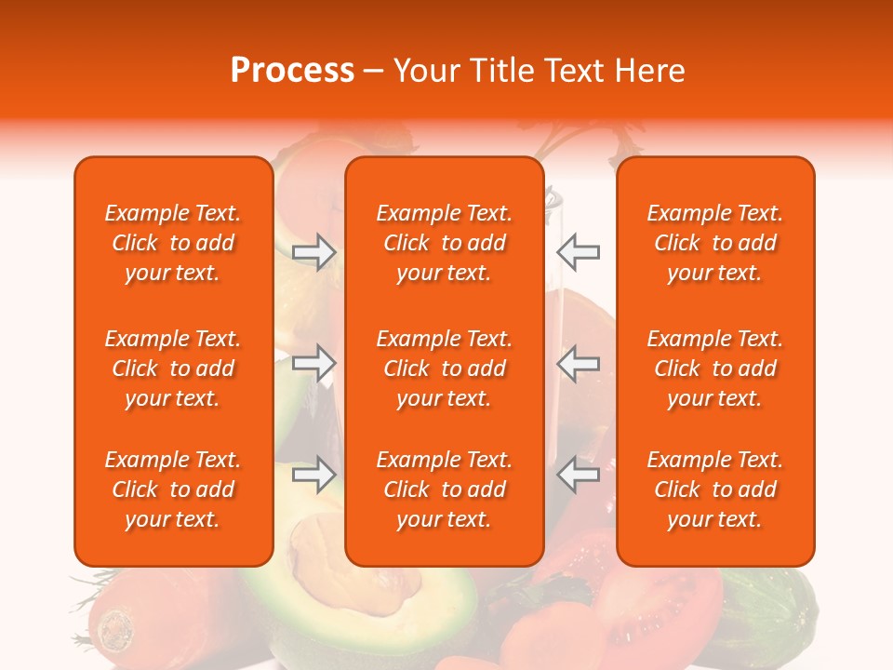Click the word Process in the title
(x=292, y=71)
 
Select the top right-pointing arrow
(x=314, y=251)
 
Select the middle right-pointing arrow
(x=314, y=363)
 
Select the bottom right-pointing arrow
(x=314, y=475)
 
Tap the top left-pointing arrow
(x=579, y=251)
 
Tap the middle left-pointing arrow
(x=579, y=363)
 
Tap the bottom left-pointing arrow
(x=579, y=475)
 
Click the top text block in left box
(x=173, y=243)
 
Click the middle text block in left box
(x=173, y=368)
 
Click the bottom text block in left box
(x=173, y=489)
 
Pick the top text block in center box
(x=445, y=243)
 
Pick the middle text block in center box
(x=445, y=368)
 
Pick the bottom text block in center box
(x=445, y=489)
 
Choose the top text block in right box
(x=715, y=243)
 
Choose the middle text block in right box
(x=715, y=368)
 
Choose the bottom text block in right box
(x=715, y=489)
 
